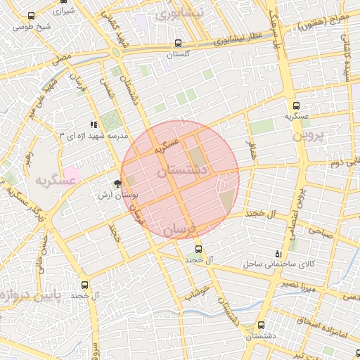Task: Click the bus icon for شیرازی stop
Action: pyautogui.click(x=30, y=15)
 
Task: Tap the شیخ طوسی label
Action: pyautogui.click(x=35, y=27)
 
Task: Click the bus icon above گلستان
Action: pyautogui.click(x=178, y=43)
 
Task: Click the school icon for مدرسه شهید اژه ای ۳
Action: pyautogui.click(x=94, y=124)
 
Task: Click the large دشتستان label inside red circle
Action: pyautogui.click(x=181, y=171)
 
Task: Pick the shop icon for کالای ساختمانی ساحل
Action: pyautogui.click(x=278, y=254)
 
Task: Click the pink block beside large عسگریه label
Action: pyautogui.click(x=72, y=172)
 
